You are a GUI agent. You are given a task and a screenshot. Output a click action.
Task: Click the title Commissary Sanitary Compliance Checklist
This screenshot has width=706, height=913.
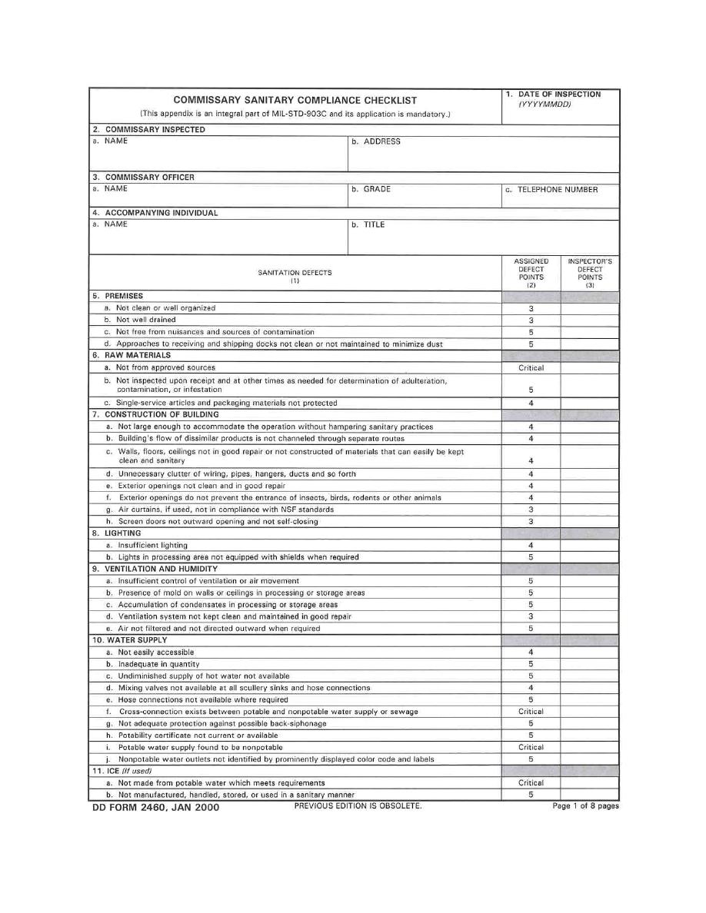click(x=295, y=100)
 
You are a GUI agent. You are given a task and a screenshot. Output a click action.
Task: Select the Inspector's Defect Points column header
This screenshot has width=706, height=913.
click(x=590, y=273)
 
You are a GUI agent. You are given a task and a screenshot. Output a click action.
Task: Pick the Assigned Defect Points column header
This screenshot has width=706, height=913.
click(x=531, y=273)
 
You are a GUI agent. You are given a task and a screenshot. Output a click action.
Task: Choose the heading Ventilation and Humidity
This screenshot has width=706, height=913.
click(x=155, y=569)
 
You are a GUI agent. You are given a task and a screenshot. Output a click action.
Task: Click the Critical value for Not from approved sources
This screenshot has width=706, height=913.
click(x=531, y=367)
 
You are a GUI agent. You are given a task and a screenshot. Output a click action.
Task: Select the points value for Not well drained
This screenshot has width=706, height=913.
click(x=531, y=320)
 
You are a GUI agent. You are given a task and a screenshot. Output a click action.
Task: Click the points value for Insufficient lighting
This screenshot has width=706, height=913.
click(x=531, y=545)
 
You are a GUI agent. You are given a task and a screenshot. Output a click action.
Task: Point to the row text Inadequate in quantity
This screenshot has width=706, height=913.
click(x=158, y=664)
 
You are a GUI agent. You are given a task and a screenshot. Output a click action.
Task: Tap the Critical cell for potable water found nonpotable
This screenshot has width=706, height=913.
click(x=531, y=747)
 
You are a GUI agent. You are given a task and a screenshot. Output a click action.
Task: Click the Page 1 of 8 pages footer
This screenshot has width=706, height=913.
click(x=585, y=806)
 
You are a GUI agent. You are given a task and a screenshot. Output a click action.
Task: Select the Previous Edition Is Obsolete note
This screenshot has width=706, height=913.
click(x=358, y=806)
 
